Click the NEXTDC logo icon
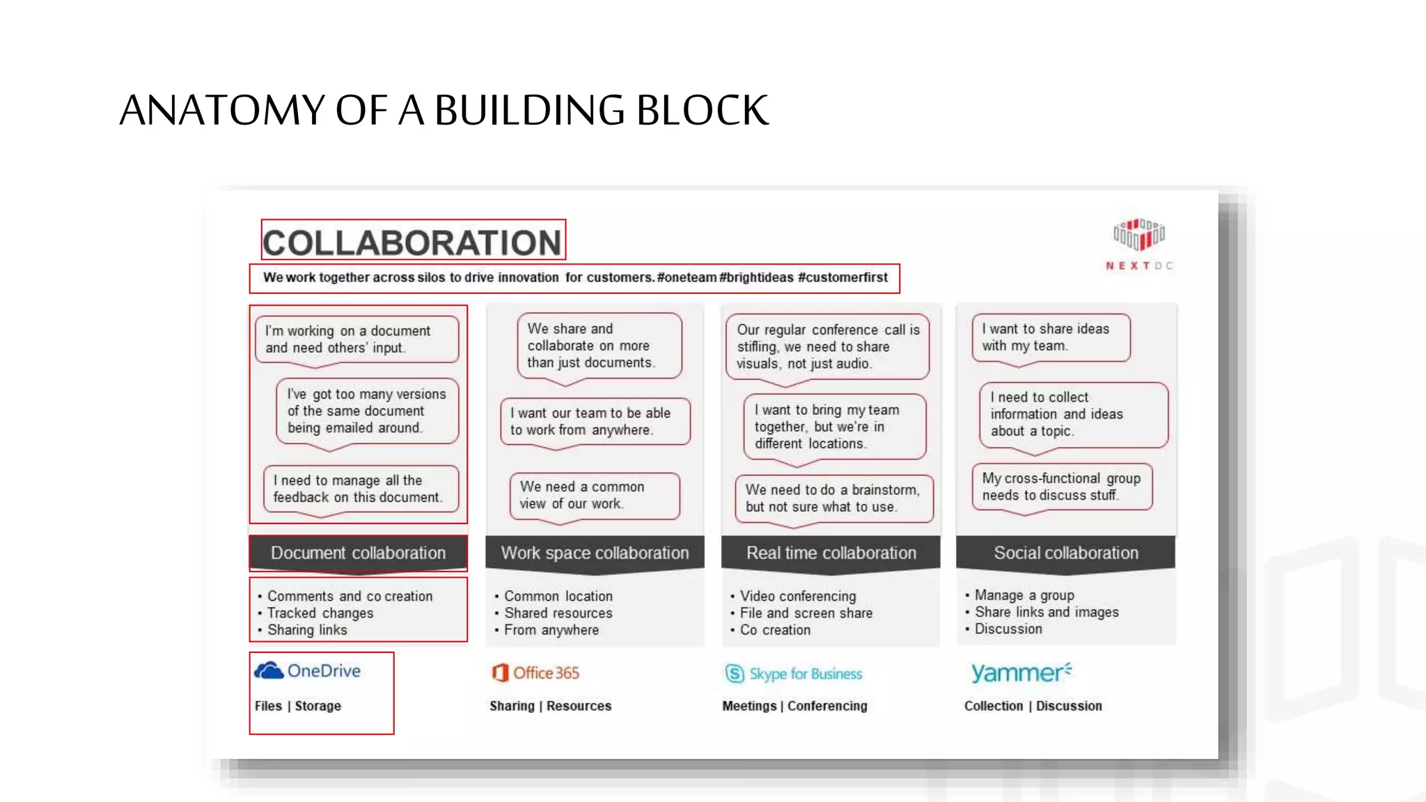pos(1139,235)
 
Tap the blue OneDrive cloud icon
pos(269,670)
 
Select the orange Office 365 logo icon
pos(500,673)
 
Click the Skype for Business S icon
pos(735,673)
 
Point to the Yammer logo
pos(1021,673)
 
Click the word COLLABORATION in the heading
pos(412,242)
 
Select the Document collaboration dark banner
pos(358,553)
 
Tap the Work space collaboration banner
pos(595,553)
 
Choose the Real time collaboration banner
pos(831,553)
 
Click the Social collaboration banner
pos(1065,553)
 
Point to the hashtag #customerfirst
pos(843,277)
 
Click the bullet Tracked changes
pos(320,613)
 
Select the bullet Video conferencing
pos(798,596)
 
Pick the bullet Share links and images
pos(1047,612)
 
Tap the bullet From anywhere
pos(551,630)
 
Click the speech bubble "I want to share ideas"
pos(1050,338)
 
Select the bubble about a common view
pos(594,495)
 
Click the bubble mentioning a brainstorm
pos(833,498)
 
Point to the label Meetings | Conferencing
pos(794,706)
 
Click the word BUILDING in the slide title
pos(528,110)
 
